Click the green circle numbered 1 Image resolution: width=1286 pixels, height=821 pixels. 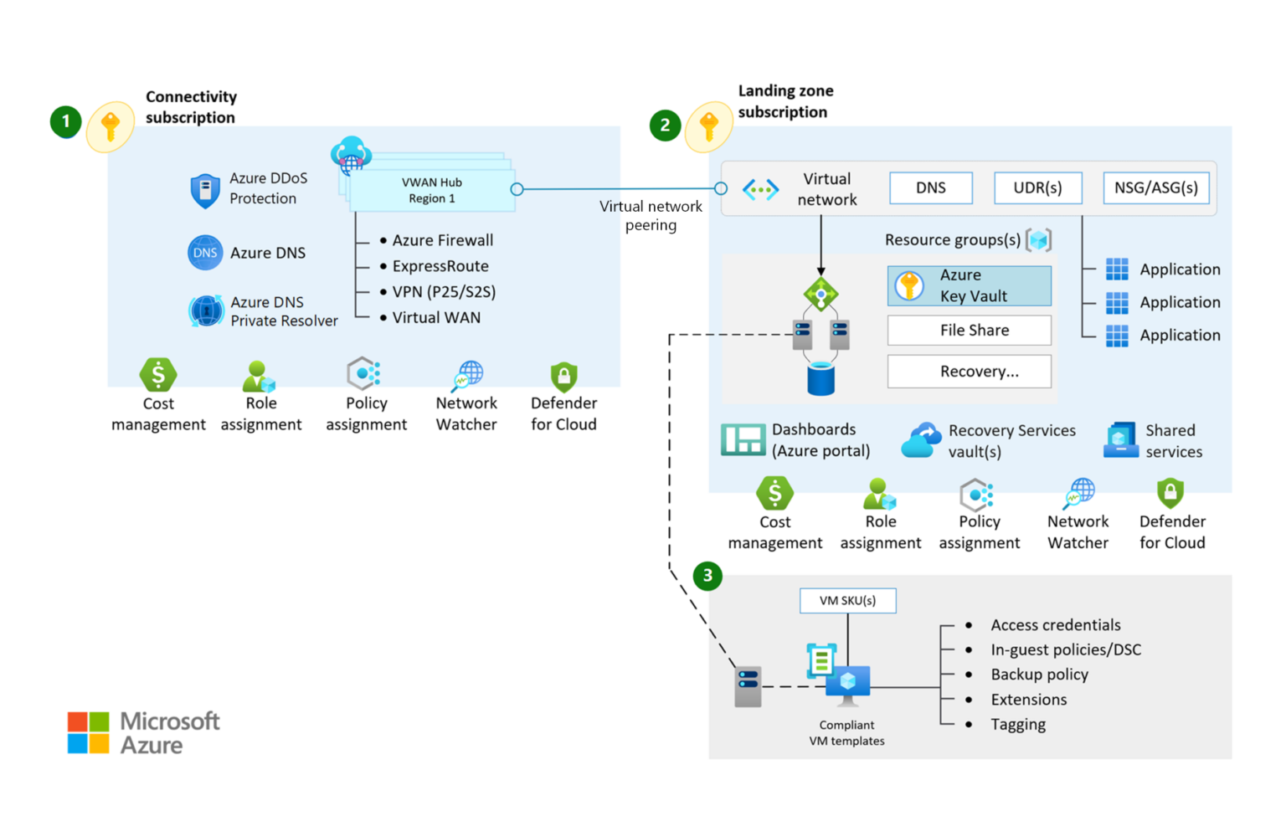click(x=65, y=121)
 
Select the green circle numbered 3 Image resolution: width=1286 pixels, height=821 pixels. click(x=707, y=575)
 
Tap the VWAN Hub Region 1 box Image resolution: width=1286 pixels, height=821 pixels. click(x=432, y=191)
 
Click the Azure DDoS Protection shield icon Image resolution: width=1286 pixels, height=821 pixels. click(x=205, y=190)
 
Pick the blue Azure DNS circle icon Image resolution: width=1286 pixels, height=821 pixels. click(x=205, y=253)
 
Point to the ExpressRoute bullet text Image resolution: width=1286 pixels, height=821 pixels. click(x=440, y=266)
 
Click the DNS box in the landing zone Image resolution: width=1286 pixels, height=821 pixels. click(x=930, y=187)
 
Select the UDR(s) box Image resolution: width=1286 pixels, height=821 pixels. click(x=1037, y=187)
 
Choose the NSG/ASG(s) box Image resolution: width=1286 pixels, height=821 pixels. click(x=1155, y=187)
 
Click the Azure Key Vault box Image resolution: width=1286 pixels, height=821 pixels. click(x=969, y=285)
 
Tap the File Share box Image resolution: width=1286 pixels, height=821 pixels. click(x=969, y=330)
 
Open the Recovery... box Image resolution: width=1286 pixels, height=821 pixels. click(x=969, y=372)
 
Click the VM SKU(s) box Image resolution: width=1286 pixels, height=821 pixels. click(x=847, y=600)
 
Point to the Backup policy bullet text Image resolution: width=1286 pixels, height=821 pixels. click(x=1039, y=675)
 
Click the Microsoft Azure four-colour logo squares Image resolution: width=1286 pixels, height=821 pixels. click(x=88, y=732)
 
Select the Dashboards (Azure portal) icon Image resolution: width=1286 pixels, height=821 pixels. click(x=743, y=439)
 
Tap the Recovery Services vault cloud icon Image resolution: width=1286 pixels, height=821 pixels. click(x=921, y=439)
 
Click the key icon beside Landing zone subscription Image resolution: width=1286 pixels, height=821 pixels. click(x=709, y=126)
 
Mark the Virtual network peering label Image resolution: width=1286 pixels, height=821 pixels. click(x=651, y=215)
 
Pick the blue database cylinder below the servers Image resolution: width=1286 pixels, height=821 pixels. click(x=820, y=378)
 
